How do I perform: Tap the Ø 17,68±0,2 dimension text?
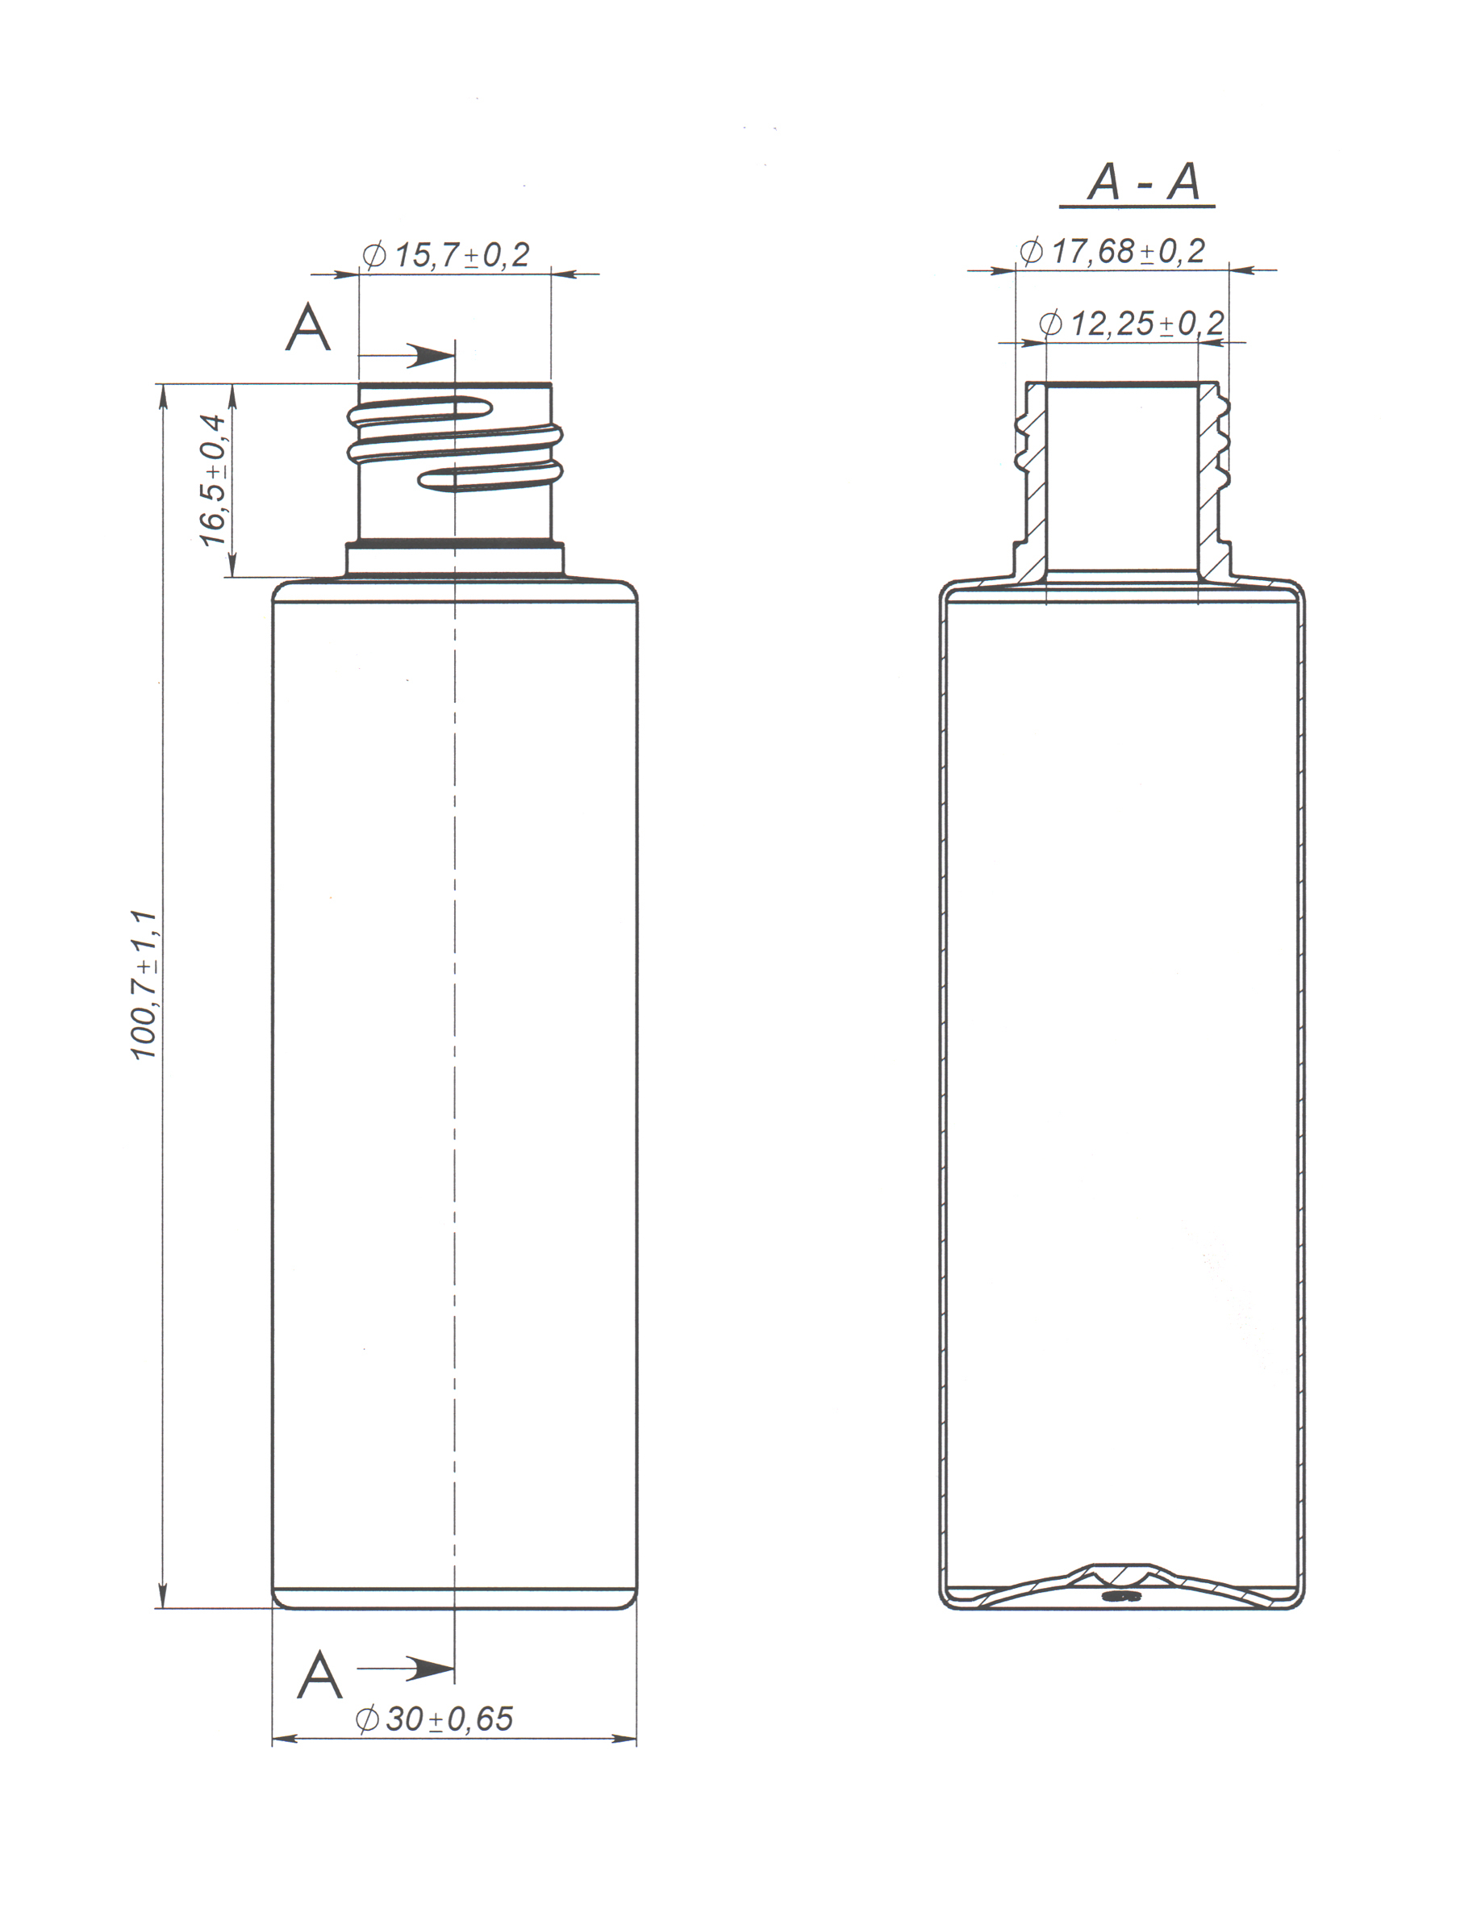(x=1112, y=251)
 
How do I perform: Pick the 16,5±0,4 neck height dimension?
(x=214, y=481)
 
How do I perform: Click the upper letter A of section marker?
(x=308, y=329)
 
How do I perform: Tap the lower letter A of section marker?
(x=319, y=1675)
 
